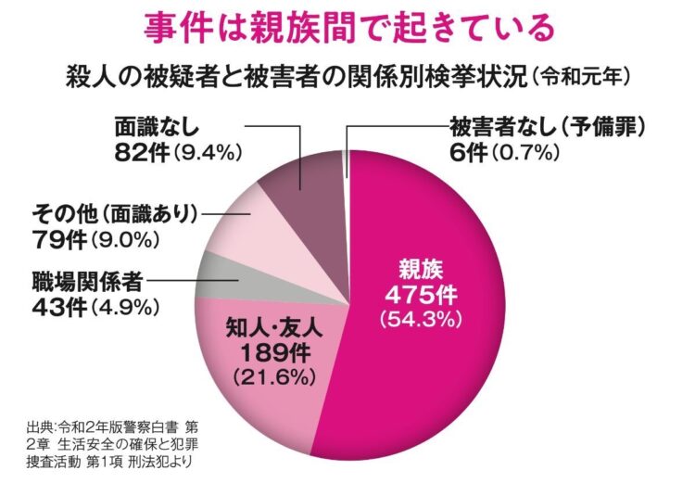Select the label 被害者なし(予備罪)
tap(547, 123)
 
